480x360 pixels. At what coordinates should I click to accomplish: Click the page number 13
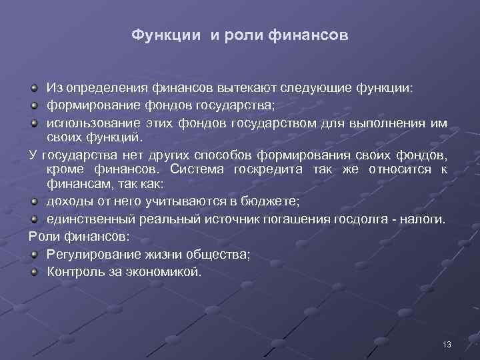tap(447, 344)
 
